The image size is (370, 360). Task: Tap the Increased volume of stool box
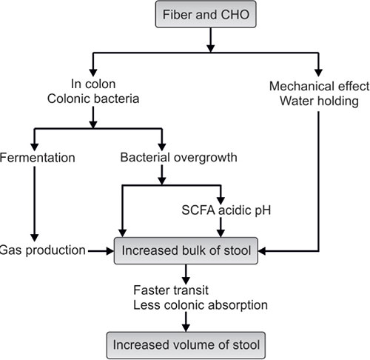[x=183, y=344]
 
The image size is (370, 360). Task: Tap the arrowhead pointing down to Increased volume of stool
[x=183, y=326]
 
